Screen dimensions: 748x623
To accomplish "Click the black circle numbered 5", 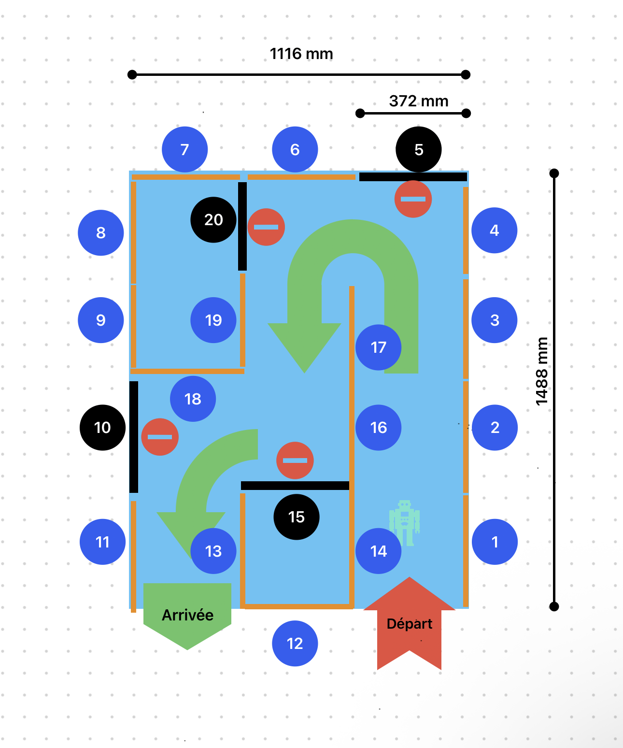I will pyautogui.click(x=419, y=149).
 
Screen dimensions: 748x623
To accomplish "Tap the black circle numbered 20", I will pyautogui.click(x=213, y=220).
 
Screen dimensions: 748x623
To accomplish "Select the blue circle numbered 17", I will pyautogui.click(x=379, y=347).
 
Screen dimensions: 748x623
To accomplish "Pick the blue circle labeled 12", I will pyautogui.click(x=295, y=644).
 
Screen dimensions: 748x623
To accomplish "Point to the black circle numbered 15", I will pyautogui.click(x=297, y=517).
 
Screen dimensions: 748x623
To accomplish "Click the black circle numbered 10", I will pyautogui.click(x=102, y=428).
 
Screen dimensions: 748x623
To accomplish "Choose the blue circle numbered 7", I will pyautogui.click(x=185, y=149).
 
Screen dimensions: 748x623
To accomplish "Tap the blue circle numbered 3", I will pyautogui.click(x=495, y=320).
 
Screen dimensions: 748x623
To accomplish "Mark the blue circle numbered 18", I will pyautogui.click(x=193, y=399).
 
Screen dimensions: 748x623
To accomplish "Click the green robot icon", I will pyautogui.click(x=405, y=523).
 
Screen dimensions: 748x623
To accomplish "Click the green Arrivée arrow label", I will pyautogui.click(x=187, y=615).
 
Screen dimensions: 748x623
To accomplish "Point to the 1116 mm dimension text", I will pyautogui.click(x=301, y=54).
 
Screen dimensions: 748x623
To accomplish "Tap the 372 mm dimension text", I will pyautogui.click(x=419, y=101).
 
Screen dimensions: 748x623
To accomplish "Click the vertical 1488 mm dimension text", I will pyautogui.click(x=542, y=371).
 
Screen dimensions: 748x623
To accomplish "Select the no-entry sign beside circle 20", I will pyautogui.click(x=266, y=227).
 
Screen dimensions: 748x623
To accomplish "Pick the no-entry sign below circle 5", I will pyautogui.click(x=413, y=199).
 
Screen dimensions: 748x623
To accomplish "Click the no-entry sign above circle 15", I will pyautogui.click(x=295, y=460).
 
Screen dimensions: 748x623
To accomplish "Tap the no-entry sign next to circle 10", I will pyautogui.click(x=160, y=437).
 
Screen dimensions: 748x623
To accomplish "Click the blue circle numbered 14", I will pyautogui.click(x=379, y=551).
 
